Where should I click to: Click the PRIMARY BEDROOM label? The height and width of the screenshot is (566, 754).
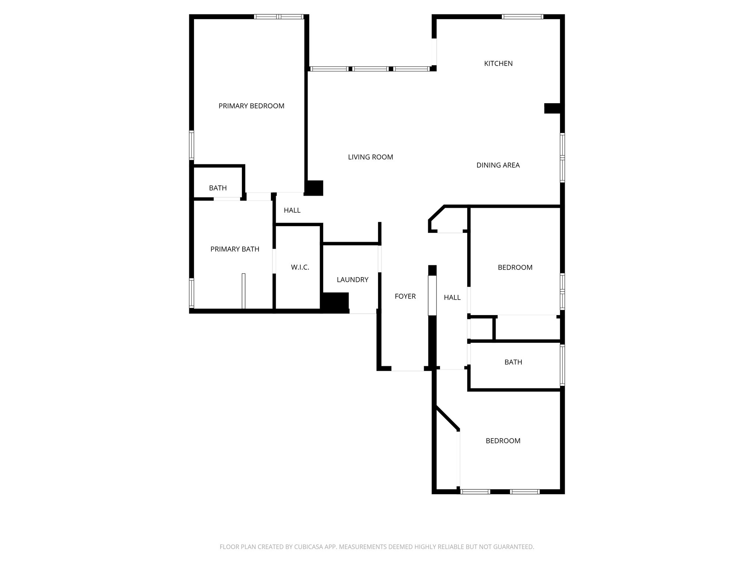click(x=251, y=106)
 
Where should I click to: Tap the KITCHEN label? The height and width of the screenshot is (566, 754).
click(x=498, y=63)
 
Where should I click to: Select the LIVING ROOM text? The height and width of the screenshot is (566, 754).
click(x=370, y=157)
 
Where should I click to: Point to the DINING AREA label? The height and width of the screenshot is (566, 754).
click(x=498, y=165)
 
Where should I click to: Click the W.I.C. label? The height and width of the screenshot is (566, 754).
click(x=300, y=267)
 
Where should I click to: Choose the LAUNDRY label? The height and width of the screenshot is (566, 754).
click(x=352, y=280)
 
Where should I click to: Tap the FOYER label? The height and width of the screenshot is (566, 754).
click(x=405, y=296)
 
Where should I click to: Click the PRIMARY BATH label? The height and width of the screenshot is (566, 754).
click(x=235, y=249)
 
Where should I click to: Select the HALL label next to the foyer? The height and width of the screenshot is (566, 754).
click(x=452, y=297)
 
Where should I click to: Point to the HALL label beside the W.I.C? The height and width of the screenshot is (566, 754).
click(x=292, y=210)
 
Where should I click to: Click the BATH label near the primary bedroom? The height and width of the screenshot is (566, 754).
click(x=218, y=188)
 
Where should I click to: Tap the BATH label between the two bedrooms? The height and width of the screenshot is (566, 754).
click(x=513, y=362)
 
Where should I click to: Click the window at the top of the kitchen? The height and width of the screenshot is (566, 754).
click(x=522, y=17)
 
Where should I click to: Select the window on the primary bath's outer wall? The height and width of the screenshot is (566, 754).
click(x=191, y=293)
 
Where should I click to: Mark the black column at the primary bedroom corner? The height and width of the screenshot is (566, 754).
click(x=314, y=188)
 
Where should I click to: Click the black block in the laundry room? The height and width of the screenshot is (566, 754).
click(x=335, y=302)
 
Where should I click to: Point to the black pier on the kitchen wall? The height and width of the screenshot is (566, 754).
click(x=552, y=108)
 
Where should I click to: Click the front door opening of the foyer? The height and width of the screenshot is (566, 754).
click(x=408, y=368)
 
